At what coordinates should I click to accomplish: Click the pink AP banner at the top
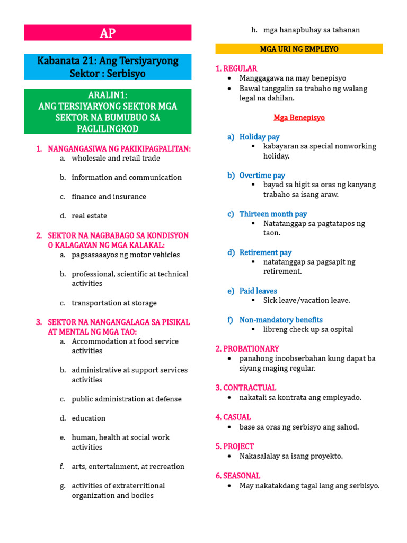point(108,33)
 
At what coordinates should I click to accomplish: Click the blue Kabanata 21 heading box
point(108,67)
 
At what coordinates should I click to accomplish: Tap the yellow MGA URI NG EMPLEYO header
point(299,49)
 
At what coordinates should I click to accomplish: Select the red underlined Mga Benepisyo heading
point(299,118)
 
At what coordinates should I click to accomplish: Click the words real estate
point(90,216)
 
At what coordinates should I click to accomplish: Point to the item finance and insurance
point(109,197)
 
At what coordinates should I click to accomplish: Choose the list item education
point(89,418)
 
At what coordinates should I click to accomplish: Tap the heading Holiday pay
point(259,137)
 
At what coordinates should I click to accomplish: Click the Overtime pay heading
point(262,176)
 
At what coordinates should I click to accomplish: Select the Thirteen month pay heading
point(273,214)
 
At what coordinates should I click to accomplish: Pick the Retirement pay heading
point(265,252)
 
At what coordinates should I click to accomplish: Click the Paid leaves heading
point(258,291)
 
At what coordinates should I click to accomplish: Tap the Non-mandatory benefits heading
point(281,320)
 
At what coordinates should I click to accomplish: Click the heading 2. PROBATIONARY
point(247,349)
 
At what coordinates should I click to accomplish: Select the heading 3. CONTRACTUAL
point(245,388)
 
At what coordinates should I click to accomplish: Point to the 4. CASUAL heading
point(233,417)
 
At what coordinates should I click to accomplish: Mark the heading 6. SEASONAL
point(238,476)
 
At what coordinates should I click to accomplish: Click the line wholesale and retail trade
point(116,158)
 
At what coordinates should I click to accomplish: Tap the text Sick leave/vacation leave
point(307,301)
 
